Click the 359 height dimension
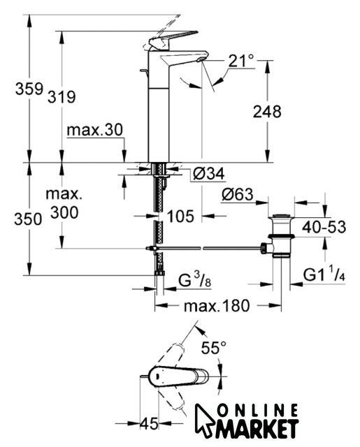point(29,89)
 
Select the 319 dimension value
point(62,96)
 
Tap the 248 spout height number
point(267,112)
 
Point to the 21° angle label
point(241,61)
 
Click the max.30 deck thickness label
point(94,130)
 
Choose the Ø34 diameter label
point(209,173)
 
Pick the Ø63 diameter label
point(238,194)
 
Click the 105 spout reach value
point(180,216)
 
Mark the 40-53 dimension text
point(324,227)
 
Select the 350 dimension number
point(28,219)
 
